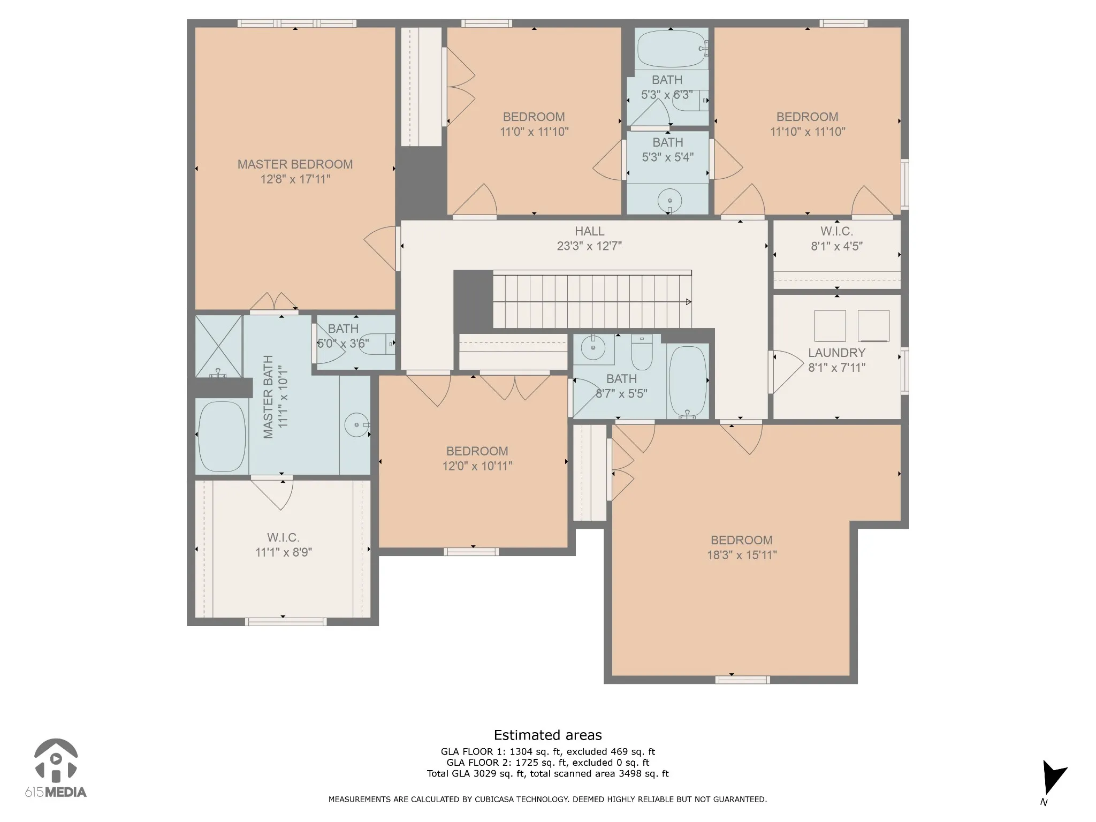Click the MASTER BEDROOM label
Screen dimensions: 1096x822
(295, 164)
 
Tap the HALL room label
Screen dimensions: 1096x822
(589, 231)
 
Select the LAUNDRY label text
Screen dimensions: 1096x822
(836, 353)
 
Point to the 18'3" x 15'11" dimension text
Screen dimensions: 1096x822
(742, 555)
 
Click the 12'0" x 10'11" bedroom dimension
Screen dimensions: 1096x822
(477, 466)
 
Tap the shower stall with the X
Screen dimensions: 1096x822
(218, 346)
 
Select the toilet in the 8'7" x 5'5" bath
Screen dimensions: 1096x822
(642, 353)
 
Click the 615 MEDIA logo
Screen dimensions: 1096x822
(56, 768)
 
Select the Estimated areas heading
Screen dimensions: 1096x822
(547, 735)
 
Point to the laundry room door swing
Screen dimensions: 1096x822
(787, 372)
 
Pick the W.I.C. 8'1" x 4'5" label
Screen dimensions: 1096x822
(837, 239)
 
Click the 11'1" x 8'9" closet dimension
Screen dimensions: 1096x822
(284, 552)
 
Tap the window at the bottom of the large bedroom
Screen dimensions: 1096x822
(743, 680)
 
